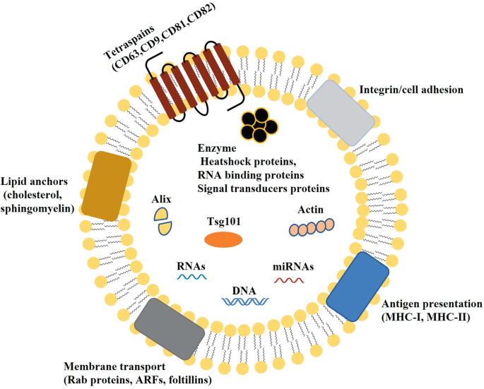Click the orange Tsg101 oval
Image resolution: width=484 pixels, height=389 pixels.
(223, 240)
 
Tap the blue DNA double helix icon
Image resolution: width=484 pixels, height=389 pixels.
(244, 302)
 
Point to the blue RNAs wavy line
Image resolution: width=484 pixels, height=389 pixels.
(191, 277)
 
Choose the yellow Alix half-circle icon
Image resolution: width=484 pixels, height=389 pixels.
(163, 220)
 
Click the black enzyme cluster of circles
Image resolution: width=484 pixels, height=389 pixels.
(258, 125)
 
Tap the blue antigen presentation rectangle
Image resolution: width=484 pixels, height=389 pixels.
(358, 284)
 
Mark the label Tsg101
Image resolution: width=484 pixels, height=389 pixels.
(223, 220)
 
